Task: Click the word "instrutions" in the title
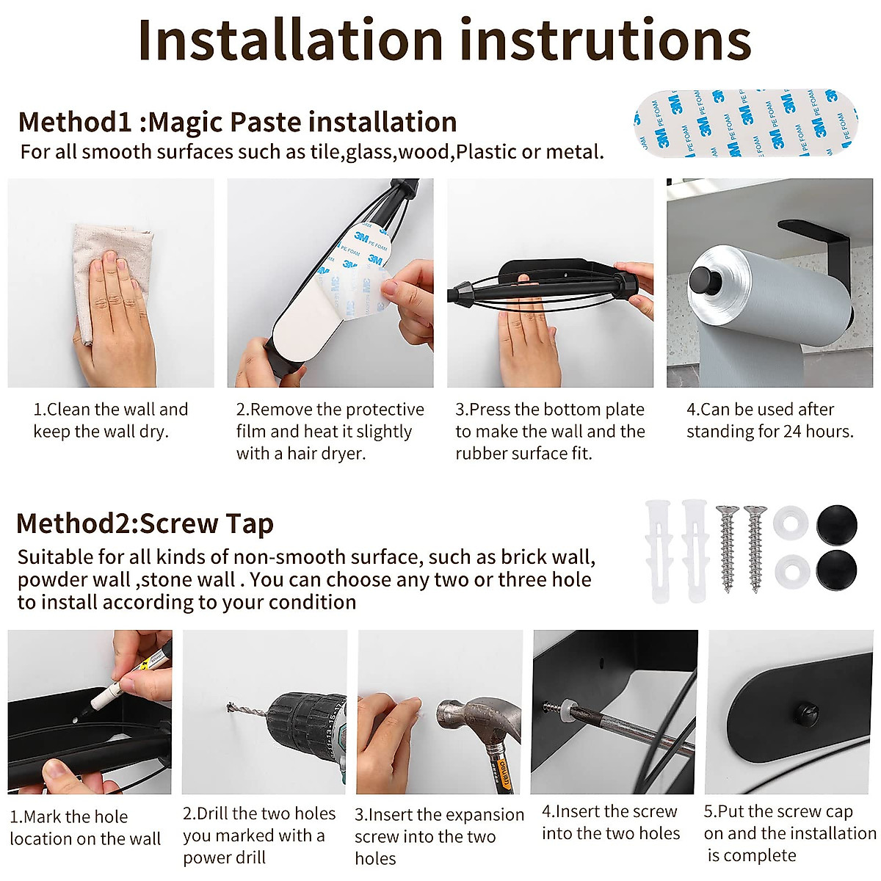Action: [x=605, y=40]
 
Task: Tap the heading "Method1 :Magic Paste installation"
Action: [x=238, y=122]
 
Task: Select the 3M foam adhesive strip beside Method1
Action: [x=746, y=123]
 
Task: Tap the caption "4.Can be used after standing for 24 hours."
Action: [x=770, y=420]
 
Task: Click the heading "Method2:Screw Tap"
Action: [x=145, y=524]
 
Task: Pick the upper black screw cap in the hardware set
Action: [x=837, y=526]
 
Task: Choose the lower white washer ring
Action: [x=792, y=571]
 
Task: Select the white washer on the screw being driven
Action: [x=567, y=707]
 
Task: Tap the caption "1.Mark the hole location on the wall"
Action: [x=85, y=827]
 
